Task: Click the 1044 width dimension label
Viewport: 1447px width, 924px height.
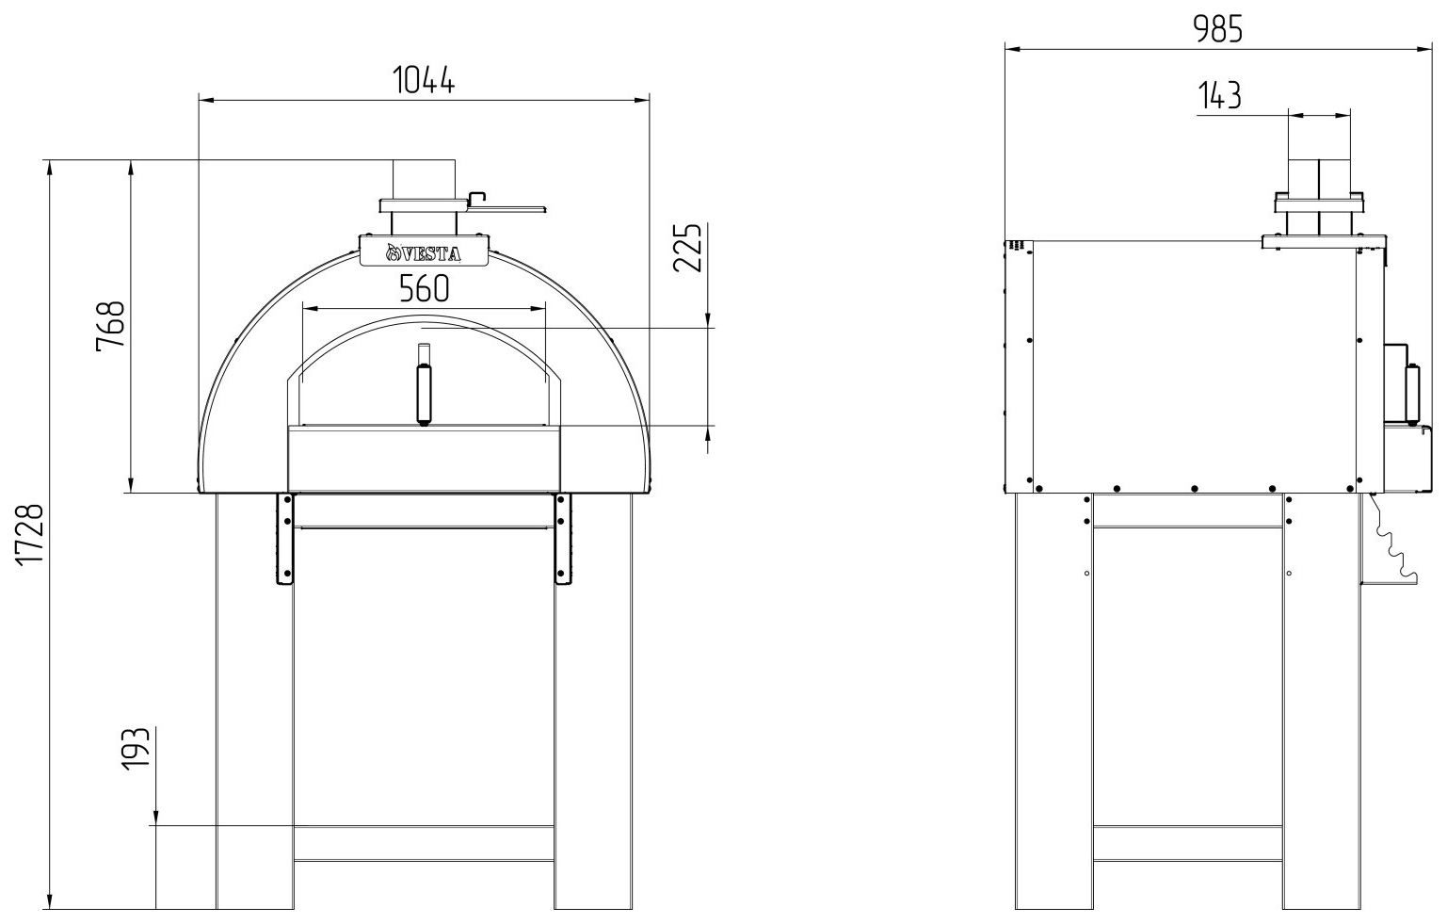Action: pyautogui.click(x=424, y=80)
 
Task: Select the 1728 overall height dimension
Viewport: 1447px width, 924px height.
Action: pyautogui.click(x=30, y=535)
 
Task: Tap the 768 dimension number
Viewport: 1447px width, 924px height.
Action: pyautogui.click(x=110, y=326)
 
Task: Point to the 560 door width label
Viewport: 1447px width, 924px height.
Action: pyautogui.click(x=424, y=289)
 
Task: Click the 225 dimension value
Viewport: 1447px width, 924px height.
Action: pyautogui.click(x=686, y=248)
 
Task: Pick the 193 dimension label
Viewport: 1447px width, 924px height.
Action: pyautogui.click(x=136, y=749)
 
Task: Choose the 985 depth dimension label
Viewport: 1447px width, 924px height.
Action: pyautogui.click(x=1217, y=29)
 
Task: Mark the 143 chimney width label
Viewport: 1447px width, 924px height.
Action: pyautogui.click(x=1219, y=96)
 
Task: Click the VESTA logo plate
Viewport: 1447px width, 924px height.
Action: pyautogui.click(x=424, y=251)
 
